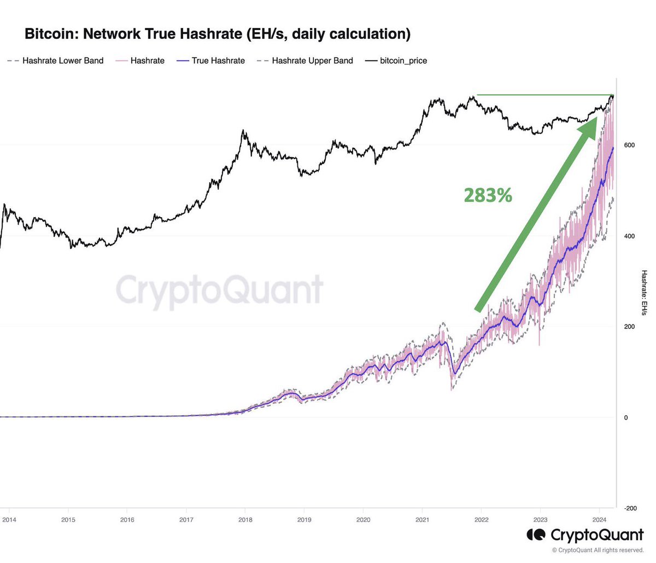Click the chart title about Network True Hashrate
tap(218, 34)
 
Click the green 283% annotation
tap(488, 195)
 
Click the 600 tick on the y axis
tap(629, 145)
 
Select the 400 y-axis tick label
tap(629, 236)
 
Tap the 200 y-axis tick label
tap(629, 327)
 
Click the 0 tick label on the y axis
tap(625, 417)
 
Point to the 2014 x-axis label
tap(9, 520)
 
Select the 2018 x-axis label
tap(245, 520)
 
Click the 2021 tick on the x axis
tap(422, 520)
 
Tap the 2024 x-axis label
tap(600, 520)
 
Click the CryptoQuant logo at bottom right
tap(585, 535)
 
